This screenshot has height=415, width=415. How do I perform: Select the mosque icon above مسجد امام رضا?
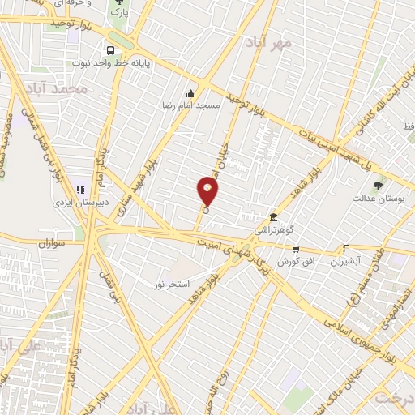[191, 92]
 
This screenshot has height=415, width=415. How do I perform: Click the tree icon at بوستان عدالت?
[378, 186]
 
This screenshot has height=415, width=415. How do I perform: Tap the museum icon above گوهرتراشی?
[273, 218]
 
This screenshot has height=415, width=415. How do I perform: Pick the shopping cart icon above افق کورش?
[296, 250]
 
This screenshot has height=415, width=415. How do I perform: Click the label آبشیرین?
[345, 262]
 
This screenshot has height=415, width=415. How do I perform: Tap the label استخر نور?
[173, 284]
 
